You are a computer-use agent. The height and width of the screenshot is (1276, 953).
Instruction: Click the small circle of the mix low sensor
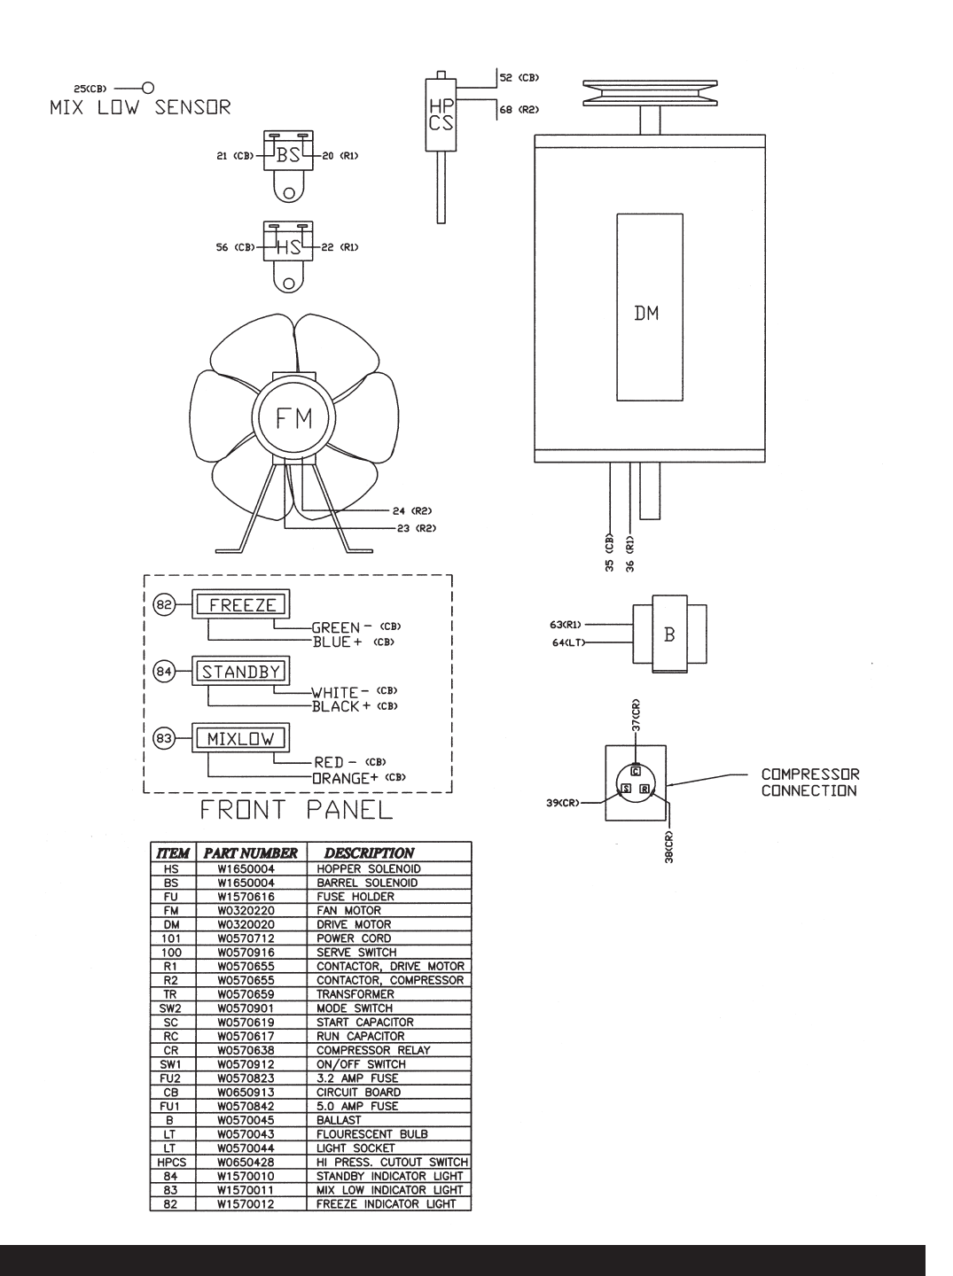[148, 89]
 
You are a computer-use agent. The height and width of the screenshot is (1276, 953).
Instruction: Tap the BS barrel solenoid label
[288, 155]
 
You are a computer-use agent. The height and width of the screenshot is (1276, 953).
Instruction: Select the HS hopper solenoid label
[288, 247]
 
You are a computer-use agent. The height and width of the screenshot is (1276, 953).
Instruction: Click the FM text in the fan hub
[293, 418]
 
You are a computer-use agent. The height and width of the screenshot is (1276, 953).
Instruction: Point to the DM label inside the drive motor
[646, 314]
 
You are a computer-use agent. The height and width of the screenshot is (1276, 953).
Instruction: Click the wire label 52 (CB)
[519, 78]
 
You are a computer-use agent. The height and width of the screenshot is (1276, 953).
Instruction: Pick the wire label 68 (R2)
[519, 109]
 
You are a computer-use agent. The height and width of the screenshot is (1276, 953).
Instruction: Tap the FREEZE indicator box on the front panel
[241, 604]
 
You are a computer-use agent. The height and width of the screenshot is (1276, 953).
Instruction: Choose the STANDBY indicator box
[241, 672]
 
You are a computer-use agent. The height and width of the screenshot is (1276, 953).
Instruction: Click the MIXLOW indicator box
[241, 738]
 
